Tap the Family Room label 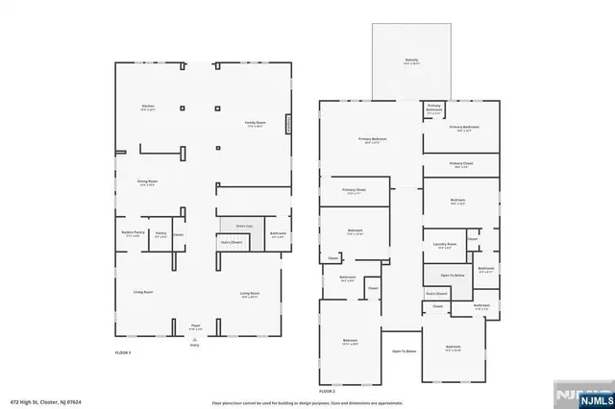(x=255, y=124)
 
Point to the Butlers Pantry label (x=133, y=232)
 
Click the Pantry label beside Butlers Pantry (x=160, y=233)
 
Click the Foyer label (x=195, y=326)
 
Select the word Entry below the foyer (x=195, y=344)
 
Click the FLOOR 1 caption (x=124, y=353)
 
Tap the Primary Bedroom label (x=372, y=140)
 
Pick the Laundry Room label (x=444, y=245)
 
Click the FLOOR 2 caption (x=328, y=391)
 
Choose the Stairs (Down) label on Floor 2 (x=437, y=294)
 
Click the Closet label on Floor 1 (x=179, y=234)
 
